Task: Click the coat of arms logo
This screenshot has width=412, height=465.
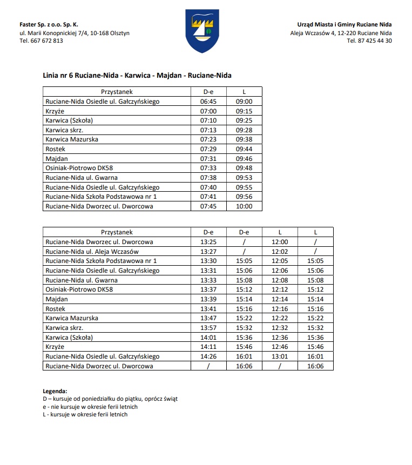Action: pos(202,31)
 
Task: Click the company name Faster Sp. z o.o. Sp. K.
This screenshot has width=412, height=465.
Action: pos(49,24)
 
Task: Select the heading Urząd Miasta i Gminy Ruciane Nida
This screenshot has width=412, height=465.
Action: pos(345,24)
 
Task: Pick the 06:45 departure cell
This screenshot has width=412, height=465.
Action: pos(208,102)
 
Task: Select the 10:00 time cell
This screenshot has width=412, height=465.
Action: pos(244,206)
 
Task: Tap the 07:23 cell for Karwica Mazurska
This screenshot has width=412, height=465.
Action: pos(208,139)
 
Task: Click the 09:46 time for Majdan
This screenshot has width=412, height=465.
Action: pos(244,159)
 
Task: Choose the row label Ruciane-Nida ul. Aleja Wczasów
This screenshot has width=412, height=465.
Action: pos(92,252)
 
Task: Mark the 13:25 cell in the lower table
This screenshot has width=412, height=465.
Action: pos(208,242)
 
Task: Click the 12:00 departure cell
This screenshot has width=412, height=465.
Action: pos(280,242)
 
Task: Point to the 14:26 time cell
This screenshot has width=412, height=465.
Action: pos(208,356)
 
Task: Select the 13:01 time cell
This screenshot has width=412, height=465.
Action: pos(280,356)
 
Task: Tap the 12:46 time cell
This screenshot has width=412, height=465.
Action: pos(280,347)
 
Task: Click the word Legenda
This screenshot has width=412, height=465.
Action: pos(55,390)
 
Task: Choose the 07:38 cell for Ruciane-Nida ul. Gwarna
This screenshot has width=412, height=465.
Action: pos(208,178)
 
